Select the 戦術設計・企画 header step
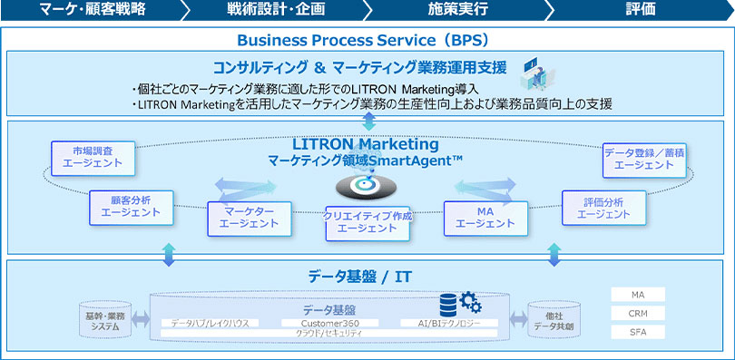(x=276, y=10)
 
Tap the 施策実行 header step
(x=458, y=10)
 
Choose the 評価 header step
(x=642, y=10)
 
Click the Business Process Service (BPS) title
(x=363, y=40)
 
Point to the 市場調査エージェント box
(x=93, y=158)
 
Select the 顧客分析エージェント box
(x=132, y=207)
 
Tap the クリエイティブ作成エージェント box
(x=367, y=222)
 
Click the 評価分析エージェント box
(x=603, y=207)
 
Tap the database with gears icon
(x=458, y=304)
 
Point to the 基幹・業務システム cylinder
(x=105, y=321)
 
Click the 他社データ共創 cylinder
(x=554, y=321)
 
